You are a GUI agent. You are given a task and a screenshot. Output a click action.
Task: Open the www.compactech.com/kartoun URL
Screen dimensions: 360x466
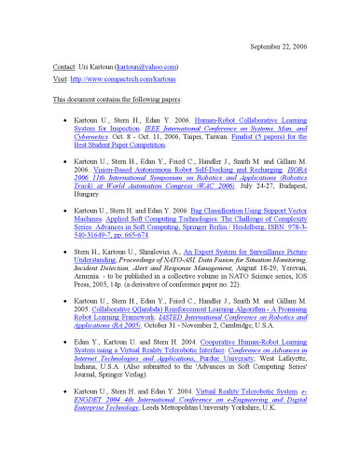[118, 81]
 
